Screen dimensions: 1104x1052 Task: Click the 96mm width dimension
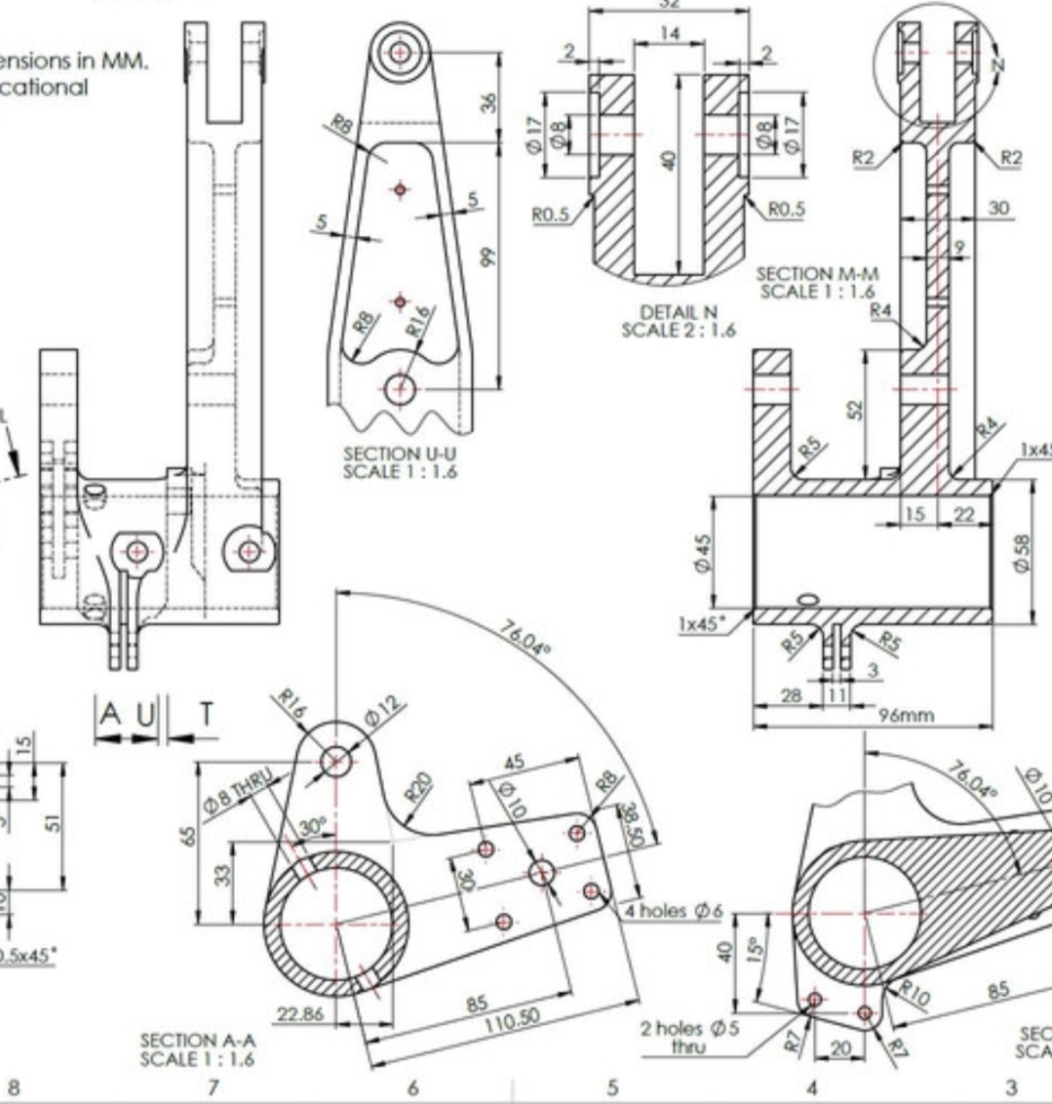coord(906,715)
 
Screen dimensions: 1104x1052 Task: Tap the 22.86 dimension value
coord(298,1014)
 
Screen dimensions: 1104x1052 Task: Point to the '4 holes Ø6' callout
coord(674,911)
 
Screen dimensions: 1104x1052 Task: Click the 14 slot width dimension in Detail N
coord(669,33)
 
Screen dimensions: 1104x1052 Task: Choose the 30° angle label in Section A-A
coord(312,827)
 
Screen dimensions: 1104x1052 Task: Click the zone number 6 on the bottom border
coord(412,1086)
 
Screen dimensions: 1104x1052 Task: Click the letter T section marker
coord(206,715)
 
